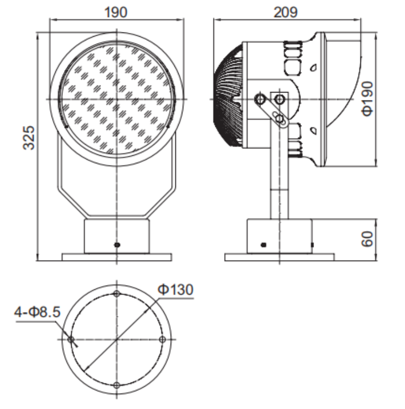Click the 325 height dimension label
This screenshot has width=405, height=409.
pos(29,138)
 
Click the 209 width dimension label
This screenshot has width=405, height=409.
pos(285,12)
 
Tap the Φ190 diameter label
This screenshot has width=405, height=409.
pos(367,98)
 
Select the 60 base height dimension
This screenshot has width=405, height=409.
pos(367,239)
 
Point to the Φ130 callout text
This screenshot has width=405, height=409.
pos(175,289)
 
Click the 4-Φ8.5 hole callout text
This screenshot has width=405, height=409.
pos(37,312)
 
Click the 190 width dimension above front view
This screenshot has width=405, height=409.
pos(116,12)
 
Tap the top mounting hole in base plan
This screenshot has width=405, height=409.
pos(117,294)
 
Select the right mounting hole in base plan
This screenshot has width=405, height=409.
pos(162,339)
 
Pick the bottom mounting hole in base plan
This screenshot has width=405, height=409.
pos(117,385)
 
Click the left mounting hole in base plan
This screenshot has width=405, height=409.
pos(71,339)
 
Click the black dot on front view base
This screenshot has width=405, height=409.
pos(117,245)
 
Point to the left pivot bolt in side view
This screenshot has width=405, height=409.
pos(259,99)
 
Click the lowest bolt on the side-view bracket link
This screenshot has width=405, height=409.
pos(279,119)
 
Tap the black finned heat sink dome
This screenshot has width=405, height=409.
pos(229,95)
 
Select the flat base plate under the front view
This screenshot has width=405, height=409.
pos(117,257)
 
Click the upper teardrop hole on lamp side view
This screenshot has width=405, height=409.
pos(314,68)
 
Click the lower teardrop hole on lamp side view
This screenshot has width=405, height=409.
pos(314,130)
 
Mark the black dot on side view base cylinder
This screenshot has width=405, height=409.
pos(264,245)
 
